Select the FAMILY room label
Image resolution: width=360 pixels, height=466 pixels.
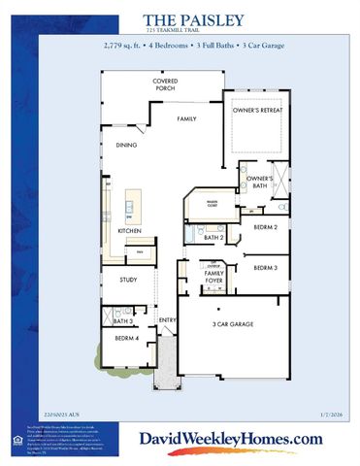click(x=187, y=117)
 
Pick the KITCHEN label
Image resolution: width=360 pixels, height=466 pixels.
click(x=130, y=231)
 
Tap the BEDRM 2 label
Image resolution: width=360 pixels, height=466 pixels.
click(x=266, y=226)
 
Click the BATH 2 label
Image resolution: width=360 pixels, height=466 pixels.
click(x=214, y=236)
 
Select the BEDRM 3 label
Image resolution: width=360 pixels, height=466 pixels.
click(x=266, y=267)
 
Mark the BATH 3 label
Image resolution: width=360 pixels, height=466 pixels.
click(x=122, y=320)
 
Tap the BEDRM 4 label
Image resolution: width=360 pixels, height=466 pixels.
click(x=125, y=338)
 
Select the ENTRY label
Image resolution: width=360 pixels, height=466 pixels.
click(x=166, y=319)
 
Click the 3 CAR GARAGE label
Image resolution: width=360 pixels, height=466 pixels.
click(x=233, y=323)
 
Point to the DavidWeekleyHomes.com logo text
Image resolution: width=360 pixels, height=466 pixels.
click(x=231, y=440)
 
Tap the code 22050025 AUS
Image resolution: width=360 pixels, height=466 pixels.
click(x=62, y=416)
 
